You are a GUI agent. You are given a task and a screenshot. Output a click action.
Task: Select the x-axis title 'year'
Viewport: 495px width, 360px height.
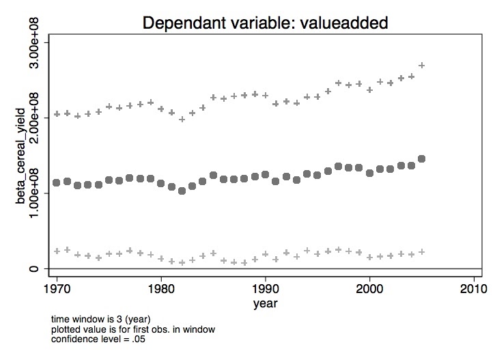coord(265,301)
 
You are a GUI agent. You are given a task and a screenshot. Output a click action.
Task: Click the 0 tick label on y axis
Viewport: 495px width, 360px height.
coord(36,269)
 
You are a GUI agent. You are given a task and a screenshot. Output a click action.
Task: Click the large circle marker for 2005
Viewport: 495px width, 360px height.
coord(422,158)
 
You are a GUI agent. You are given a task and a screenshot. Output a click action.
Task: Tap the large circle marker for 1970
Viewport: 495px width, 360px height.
coord(57,182)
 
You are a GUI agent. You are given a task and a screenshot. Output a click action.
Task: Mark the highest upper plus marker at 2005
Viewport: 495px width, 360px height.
coord(422,66)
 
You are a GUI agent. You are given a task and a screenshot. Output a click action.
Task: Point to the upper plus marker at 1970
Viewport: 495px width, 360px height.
coord(57,114)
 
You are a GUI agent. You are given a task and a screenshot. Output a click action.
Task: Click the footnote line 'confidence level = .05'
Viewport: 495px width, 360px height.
coord(101,340)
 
